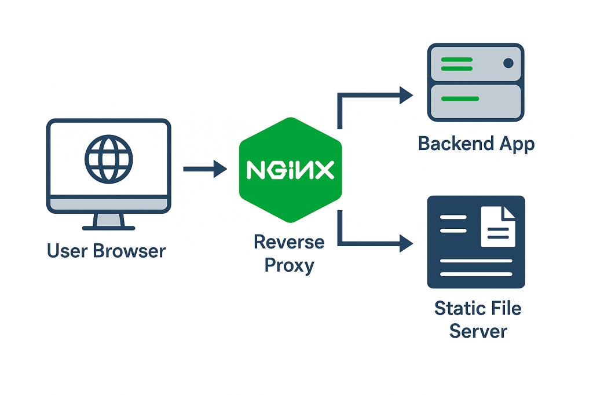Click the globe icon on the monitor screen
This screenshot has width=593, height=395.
click(109, 159)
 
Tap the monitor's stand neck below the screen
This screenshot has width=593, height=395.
click(109, 220)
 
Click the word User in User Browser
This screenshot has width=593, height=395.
click(65, 251)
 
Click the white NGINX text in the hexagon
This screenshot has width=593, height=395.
click(290, 170)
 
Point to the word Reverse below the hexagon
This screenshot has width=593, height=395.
click(289, 242)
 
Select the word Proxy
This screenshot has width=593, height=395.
click(289, 265)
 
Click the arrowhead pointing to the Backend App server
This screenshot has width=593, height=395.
click(407, 95)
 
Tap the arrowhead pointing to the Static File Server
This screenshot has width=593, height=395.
click(407, 244)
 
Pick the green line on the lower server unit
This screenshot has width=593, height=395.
click(460, 99)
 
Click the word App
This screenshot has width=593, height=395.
click(517, 144)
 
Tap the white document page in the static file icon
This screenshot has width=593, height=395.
click(497, 227)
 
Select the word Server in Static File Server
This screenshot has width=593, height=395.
click(478, 331)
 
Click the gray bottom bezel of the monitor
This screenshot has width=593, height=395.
click(109, 204)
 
